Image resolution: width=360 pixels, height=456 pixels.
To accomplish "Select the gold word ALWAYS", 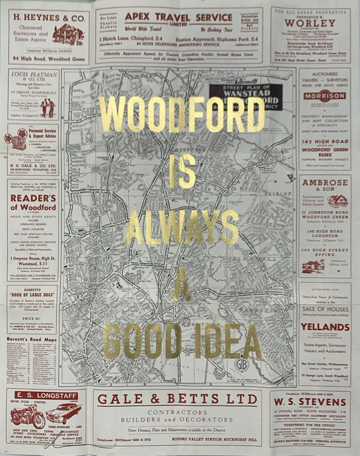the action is point(182,228).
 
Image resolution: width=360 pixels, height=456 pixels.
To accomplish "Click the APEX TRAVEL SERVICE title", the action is point(178,17).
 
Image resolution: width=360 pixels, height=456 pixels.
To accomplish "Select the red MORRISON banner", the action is point(324,96).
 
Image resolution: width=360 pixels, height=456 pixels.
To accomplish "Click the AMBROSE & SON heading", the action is point(324,185).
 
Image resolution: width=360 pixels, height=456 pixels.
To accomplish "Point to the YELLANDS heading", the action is point(325,327).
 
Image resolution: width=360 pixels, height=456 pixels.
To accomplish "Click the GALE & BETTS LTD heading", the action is point(178,399).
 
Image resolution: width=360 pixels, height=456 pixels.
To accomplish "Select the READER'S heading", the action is point(33,198).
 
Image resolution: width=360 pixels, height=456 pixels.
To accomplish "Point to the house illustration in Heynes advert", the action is point(68,35).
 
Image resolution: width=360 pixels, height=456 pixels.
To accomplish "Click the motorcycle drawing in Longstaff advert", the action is point(27,416).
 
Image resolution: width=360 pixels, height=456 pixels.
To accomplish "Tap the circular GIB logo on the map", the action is point(242,365).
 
